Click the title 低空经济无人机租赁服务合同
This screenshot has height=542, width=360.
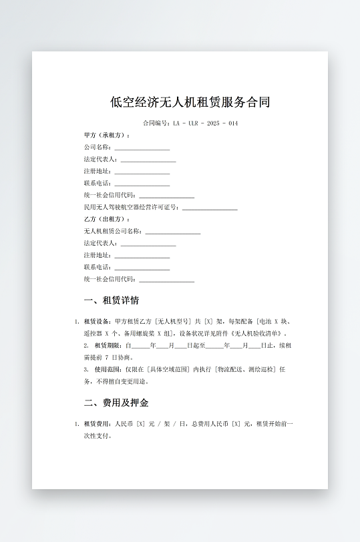pyautogui.click(x=190, y=102)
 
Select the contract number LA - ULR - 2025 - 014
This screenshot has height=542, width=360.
pyautogui.click(x=205, y=123)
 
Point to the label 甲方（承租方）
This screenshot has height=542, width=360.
pyautogui.click(x=106, y=135)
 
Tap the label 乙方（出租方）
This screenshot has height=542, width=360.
pyautogui.click(x=106, y=219)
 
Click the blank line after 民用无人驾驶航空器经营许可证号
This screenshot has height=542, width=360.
pyautogui.click(x=210, y=208)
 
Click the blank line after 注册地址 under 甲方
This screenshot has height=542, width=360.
pyautogui.click(x=142, y=172)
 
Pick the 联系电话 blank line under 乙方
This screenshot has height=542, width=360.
pyautogui.click(x=142, y=268)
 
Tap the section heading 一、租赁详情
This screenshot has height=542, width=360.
pyautogui.click(x=112, y=300)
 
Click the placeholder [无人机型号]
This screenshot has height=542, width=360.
pyautogui.click(x=174, y=321)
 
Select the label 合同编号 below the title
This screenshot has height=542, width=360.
pyautogui.click(x=156, y=123)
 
